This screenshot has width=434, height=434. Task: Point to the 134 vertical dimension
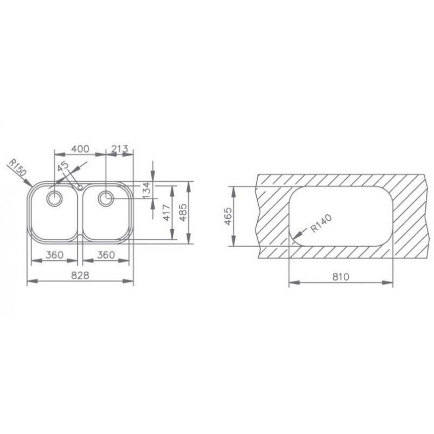tap(145, 190)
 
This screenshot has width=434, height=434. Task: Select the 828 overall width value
tap(80, 275)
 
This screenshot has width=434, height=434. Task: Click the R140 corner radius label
tap(320, 224)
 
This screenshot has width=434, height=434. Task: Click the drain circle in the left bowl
tap(54, 198)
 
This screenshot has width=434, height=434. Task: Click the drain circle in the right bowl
tap(106, 198)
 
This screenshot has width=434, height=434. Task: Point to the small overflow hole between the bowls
tap(80, 187)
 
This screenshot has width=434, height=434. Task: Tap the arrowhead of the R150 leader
tap(31, 186)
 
